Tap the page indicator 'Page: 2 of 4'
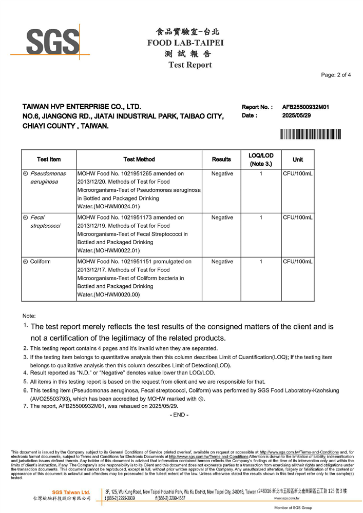[336, 75]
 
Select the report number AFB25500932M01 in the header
[305, 107]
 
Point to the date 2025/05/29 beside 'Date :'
[296, 116]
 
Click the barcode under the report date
[311, 134]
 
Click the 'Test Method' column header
[139, 160]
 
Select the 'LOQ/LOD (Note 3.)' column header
[261, 160]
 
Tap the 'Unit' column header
[297, 160]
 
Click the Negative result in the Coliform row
[222, 262]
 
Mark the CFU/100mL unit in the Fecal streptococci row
[297, 218]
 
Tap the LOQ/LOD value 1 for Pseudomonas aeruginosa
[261, 173]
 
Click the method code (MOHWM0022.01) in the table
[108, 250]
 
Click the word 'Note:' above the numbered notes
[29, 315]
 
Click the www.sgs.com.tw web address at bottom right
[287, 498]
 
